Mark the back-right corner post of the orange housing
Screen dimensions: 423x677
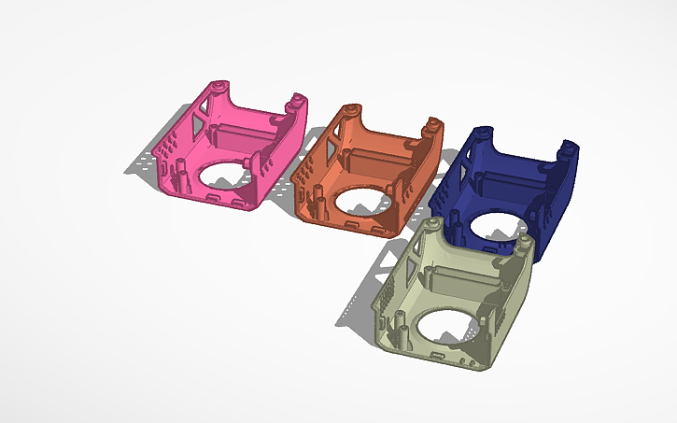click(x=432, y=125)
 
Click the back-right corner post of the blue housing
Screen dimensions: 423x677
click(x=567, y=149)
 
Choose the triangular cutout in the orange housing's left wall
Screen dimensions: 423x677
click(x=327, y=144)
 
